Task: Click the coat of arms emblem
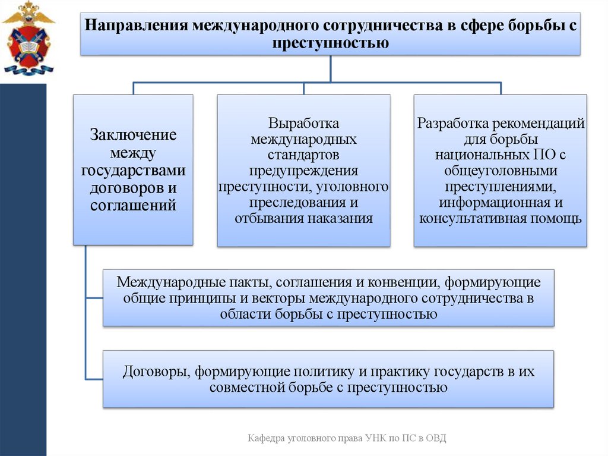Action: point(28,39)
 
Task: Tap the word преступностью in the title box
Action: point(331,43)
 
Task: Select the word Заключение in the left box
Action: point(133,135)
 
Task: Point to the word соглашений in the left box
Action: point(133,206)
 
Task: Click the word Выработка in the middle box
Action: point(303,124)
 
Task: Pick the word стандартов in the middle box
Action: point(303,155)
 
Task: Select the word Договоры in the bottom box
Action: point(155,372)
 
